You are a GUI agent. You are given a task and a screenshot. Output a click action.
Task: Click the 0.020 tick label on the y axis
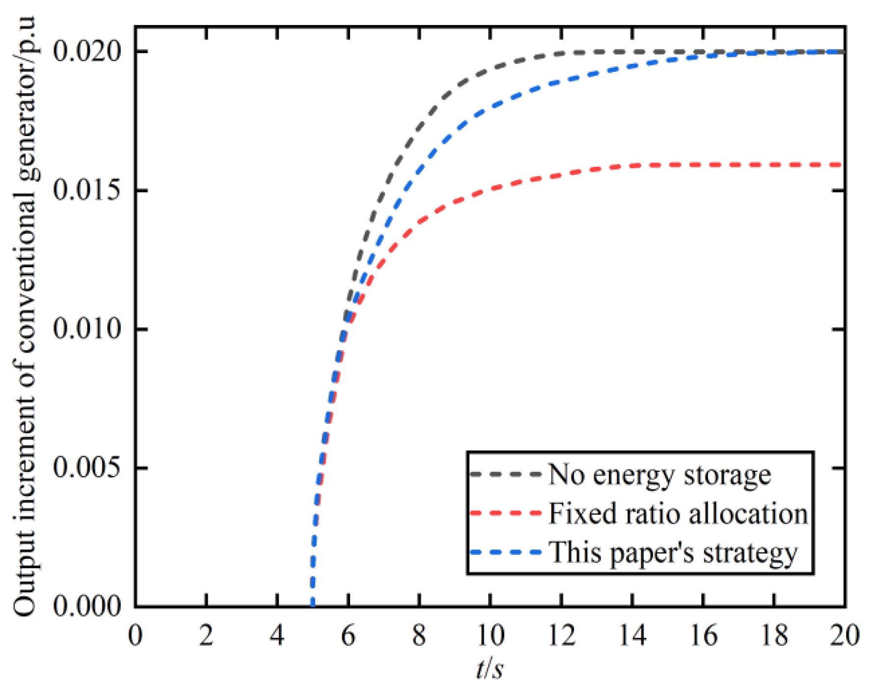point(86,51)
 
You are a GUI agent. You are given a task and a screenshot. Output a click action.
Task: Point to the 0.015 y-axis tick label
point(86,190)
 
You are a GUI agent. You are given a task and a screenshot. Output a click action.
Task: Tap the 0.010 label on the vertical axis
point(86,329)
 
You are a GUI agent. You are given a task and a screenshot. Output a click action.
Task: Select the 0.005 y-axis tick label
point(86,468)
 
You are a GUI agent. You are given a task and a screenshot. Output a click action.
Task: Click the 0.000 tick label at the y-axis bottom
point(86,606)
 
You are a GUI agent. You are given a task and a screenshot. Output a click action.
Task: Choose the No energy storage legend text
point(659,475)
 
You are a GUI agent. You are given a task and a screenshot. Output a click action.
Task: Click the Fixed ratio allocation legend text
point(678,514)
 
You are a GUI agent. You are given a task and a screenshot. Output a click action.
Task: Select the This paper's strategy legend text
point(673,553)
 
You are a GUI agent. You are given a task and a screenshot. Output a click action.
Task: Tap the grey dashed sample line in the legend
point(505,474)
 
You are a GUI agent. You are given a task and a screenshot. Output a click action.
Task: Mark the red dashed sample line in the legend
point(505,513)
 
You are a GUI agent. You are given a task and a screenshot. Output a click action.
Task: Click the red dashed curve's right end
point(841,165)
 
